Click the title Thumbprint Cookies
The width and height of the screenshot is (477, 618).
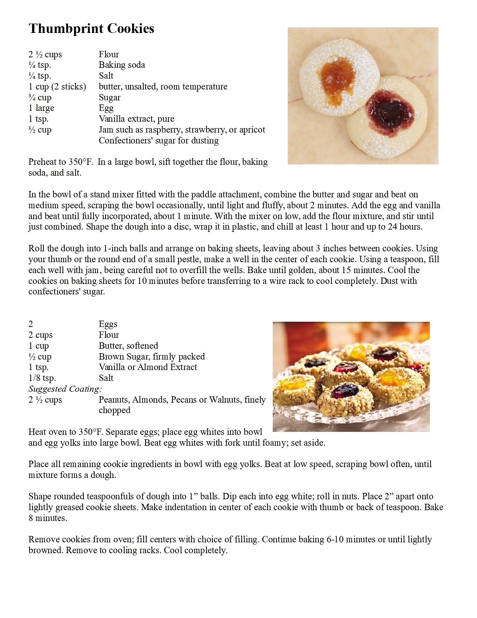(x=91, y=28)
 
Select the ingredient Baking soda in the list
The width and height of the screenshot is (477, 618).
(x=122, y=65)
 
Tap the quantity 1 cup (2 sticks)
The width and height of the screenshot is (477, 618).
(x=57, y=87)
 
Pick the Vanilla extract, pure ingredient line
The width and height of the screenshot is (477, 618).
(x=136, y=119)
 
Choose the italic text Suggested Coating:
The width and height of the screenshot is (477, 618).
(x=65, y=389)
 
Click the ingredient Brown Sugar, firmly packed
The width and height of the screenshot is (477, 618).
(x=152, y=356)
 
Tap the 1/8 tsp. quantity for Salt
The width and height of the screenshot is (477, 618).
(x=42, y=378)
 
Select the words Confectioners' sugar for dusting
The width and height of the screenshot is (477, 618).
(x=158, y=140)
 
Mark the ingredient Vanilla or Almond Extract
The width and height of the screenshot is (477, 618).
(x=147, y=367)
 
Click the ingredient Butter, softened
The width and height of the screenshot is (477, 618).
(x=128, y=345)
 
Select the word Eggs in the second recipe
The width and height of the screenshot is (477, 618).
(x=108, y=324)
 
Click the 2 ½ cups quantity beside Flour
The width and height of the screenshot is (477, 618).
(x=45, y=54)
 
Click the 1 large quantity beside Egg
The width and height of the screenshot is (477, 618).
(x=41, y=108)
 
